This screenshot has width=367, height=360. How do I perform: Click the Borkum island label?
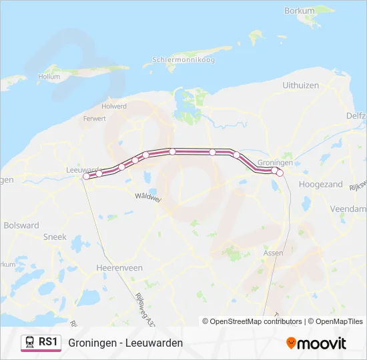[x=299, y=11]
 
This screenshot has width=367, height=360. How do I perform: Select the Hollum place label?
[x=49, y=77]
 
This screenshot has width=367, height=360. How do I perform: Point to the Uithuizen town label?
[x=300, y=85]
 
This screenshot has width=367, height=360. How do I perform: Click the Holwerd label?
[x=113, y=106]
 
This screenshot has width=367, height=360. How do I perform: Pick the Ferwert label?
[x=94, y=119]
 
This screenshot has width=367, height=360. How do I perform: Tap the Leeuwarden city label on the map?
[x=83, y=169]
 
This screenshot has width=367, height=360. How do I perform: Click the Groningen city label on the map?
[x=275, y=163]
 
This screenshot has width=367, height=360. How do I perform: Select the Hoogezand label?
[x=321, y=184]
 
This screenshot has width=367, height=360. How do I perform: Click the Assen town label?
[x=274, y=253]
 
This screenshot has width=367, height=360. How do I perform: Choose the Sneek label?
[x=54, y=237]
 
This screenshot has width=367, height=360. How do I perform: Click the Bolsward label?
[x=21, y=225]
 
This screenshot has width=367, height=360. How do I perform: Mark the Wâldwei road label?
[x=147, y=197]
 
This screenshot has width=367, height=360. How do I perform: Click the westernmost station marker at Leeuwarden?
[x=86, y=177]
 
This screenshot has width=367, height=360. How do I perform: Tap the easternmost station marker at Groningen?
[x=280, y=173]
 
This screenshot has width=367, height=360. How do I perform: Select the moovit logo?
[x=316, y=343]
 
